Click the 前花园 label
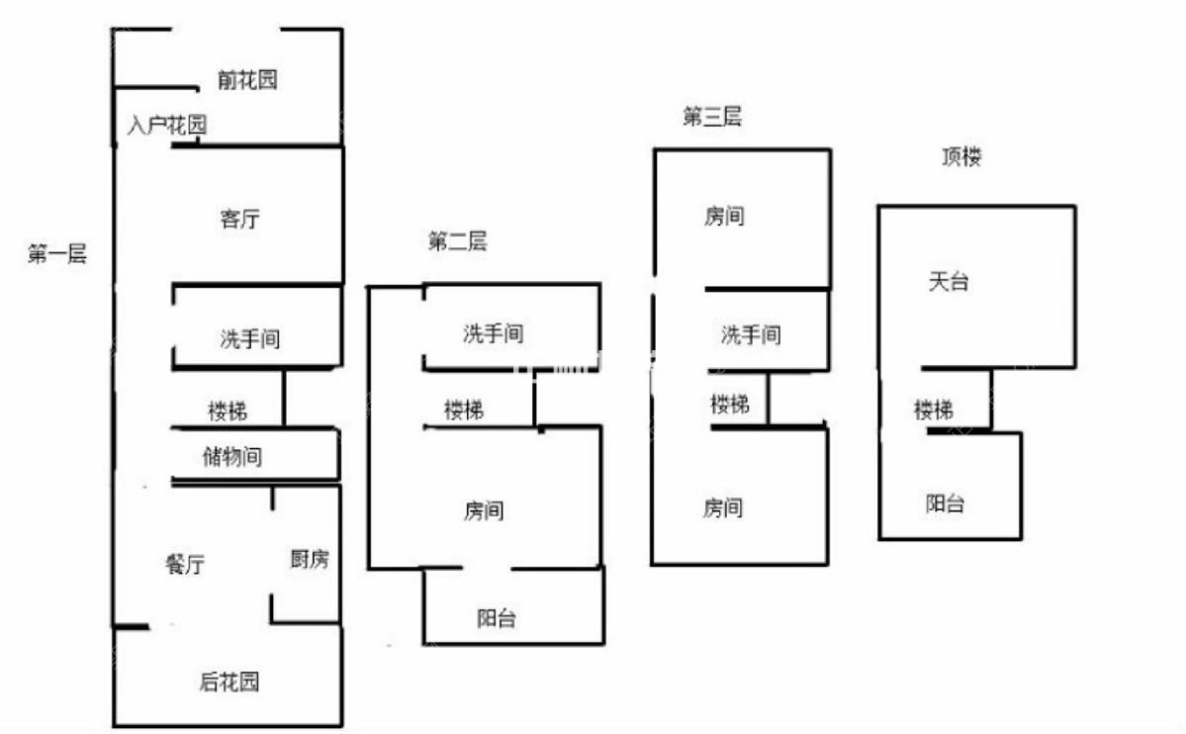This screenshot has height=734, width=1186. point(247,79)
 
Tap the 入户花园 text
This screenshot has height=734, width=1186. point(167,125)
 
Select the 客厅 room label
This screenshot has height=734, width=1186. point(239,220)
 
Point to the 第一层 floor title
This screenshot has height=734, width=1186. point(57,253)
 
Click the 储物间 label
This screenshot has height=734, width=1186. point(232,456)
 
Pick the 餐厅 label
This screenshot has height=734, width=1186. point(185,564)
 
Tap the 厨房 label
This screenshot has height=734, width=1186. point(310,559)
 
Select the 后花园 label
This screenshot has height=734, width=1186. point(229,682)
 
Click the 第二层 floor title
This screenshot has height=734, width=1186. point(458,241)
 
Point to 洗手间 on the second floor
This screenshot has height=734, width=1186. point(494,333)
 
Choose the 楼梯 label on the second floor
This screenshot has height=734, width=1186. point(464,411)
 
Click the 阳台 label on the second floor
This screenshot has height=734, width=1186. point(497,618)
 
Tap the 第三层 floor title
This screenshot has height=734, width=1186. point(712,117)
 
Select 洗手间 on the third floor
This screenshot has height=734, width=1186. point(751,334)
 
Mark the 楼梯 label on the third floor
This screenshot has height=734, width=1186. point(730,405)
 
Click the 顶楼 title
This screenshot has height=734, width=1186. point(962,156)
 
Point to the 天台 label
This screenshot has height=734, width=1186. point(949,282)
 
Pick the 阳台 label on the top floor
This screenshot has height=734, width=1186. point(946,504)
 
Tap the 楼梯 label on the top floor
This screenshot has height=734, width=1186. point(934,411)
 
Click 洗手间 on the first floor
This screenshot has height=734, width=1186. point(250,338)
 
